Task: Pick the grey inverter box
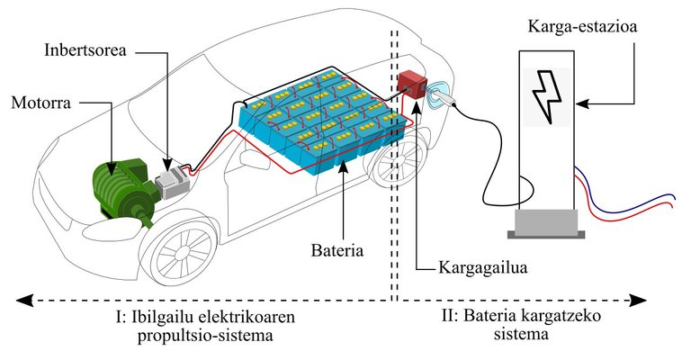point(170,182)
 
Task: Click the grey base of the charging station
point(545,222)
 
